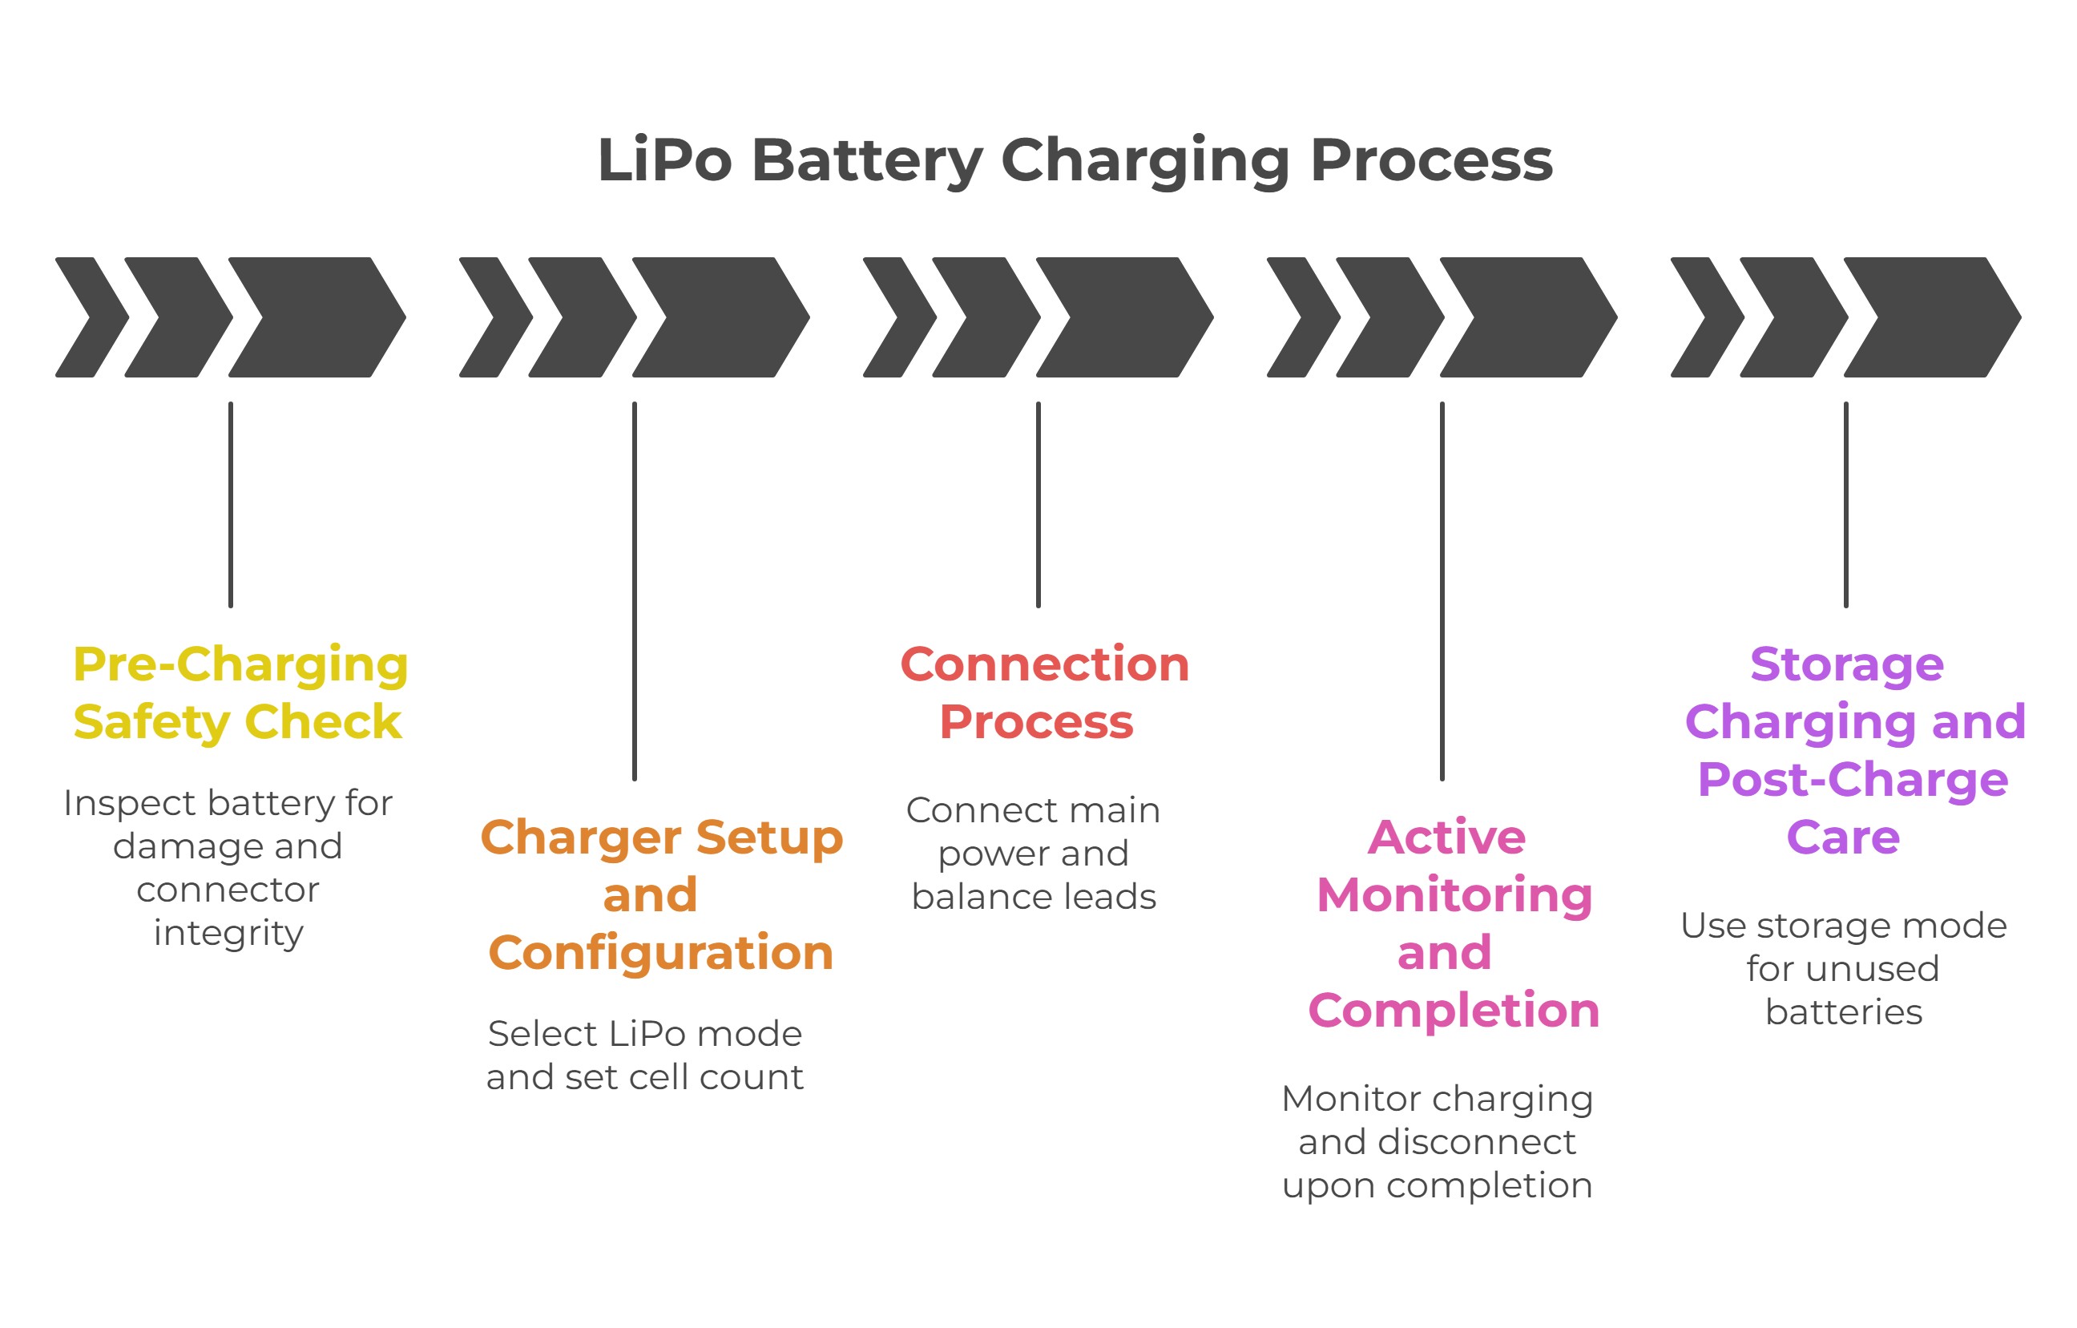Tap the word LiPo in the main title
[664, 161]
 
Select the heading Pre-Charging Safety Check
[239, 693]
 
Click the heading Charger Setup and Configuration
[661, 895]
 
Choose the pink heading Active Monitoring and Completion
[1453, 923]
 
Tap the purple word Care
[1843, 837]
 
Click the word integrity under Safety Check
[228, 933]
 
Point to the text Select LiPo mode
[644, 1034]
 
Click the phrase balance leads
[1034, 897]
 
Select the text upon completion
[1437, 1185]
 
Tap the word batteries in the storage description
[1844, 1011]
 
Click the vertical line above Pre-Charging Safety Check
[230, 505]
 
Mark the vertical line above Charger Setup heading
[634, 591]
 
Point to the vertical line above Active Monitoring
[1442, 591]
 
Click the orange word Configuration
[661, 953]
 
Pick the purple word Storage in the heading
[1847, 664]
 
